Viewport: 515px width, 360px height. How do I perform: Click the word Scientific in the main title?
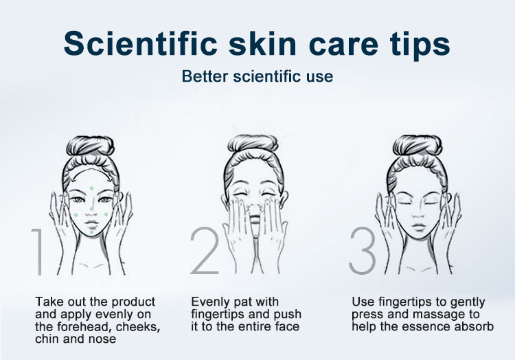click(141, 44)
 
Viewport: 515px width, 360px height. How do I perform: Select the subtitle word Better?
click(205, 76)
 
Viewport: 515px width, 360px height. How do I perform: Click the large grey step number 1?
click(38, 251)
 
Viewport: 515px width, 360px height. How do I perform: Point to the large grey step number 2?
click(205, 250)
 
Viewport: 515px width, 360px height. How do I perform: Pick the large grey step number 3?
click(363, 251)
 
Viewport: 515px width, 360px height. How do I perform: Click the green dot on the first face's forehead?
click(91, 188)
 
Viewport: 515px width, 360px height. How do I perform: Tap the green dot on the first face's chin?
click(91, 232)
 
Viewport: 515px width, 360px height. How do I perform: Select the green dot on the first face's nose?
click(92, 209)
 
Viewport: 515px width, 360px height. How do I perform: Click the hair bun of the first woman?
click(91, 146)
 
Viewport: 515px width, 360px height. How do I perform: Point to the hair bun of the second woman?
click(253, 144)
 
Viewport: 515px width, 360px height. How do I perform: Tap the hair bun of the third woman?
click(417, 145)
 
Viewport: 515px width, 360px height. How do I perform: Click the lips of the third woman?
click(418, 227)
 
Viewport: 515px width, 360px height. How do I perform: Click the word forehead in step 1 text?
click(84, 326)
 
